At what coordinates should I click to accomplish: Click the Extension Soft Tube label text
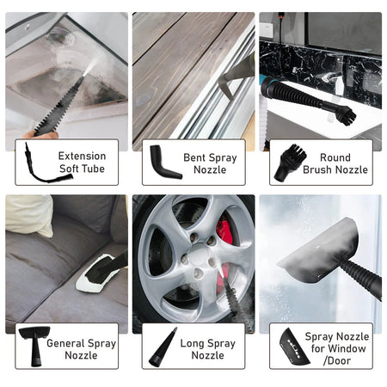(x=83, y=163)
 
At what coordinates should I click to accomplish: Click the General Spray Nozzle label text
(x=81, y=349)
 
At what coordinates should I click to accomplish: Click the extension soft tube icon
(x=35, y=163)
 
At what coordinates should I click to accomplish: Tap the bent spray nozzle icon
(x=163, y=162)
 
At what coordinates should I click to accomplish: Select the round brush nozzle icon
(x=290, y=163)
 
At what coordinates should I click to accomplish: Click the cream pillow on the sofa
(x=28, y=213)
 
